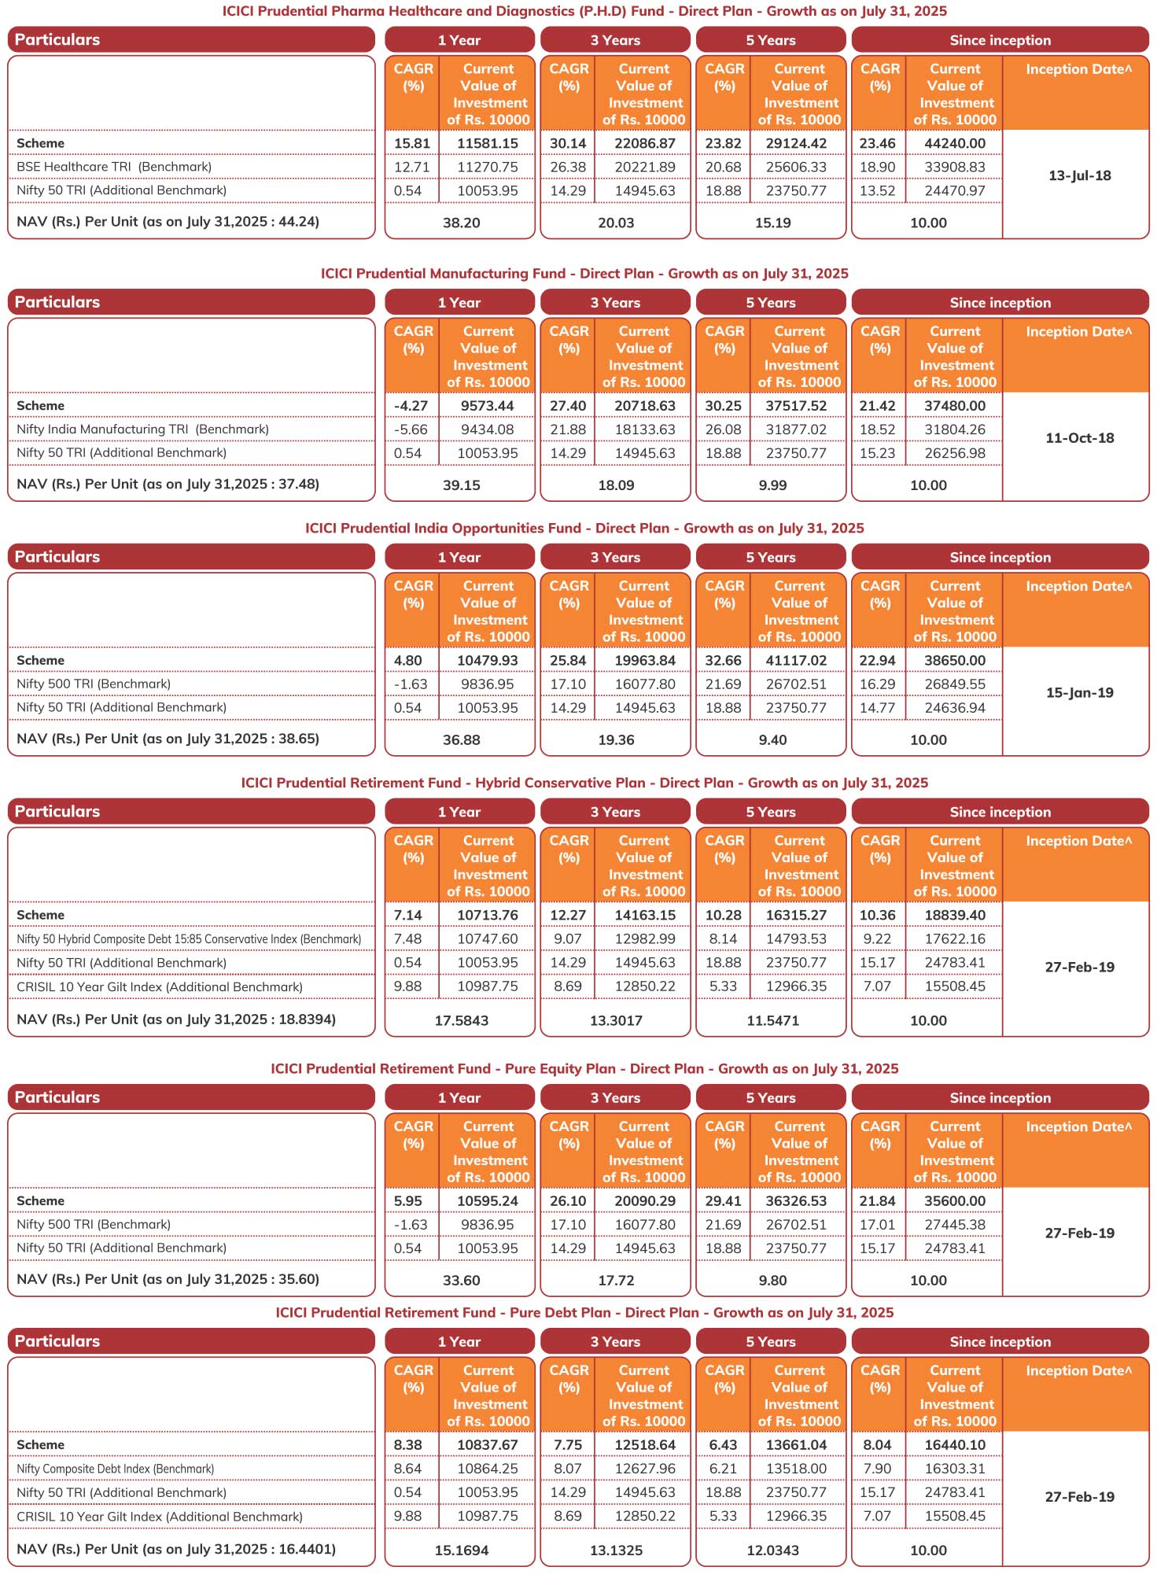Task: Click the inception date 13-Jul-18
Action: tap(1079, 175)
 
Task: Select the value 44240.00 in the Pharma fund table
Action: tap(955, 143)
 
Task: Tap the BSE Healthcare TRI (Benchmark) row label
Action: tap(114, 167)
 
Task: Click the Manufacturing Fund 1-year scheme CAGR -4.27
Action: tap(411, 406)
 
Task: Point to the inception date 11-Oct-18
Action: tap(1079, 438)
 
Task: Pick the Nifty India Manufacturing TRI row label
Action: tap(142, 430)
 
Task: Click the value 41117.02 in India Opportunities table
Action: tap(796, 661)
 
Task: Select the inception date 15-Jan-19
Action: tap(1079, 693)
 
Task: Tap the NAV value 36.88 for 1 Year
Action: tap(461, 740)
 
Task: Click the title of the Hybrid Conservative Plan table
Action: tap(584, 783)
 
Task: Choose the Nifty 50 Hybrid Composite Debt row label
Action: tap(189, 939)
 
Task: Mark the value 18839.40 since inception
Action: tap(955, 916)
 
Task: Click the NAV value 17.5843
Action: tap(461, 1021)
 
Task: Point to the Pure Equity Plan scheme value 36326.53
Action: tap(796, 1201)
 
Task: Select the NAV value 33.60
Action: tap(461, 1281)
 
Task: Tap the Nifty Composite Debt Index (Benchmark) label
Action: tap(115, 1469)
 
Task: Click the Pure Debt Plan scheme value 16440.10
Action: tap(955, 1445)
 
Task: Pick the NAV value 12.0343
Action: tap(772, 1550)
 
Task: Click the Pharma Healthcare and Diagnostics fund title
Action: tap(584, 11)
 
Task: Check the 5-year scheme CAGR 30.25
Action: tap(723, 406)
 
